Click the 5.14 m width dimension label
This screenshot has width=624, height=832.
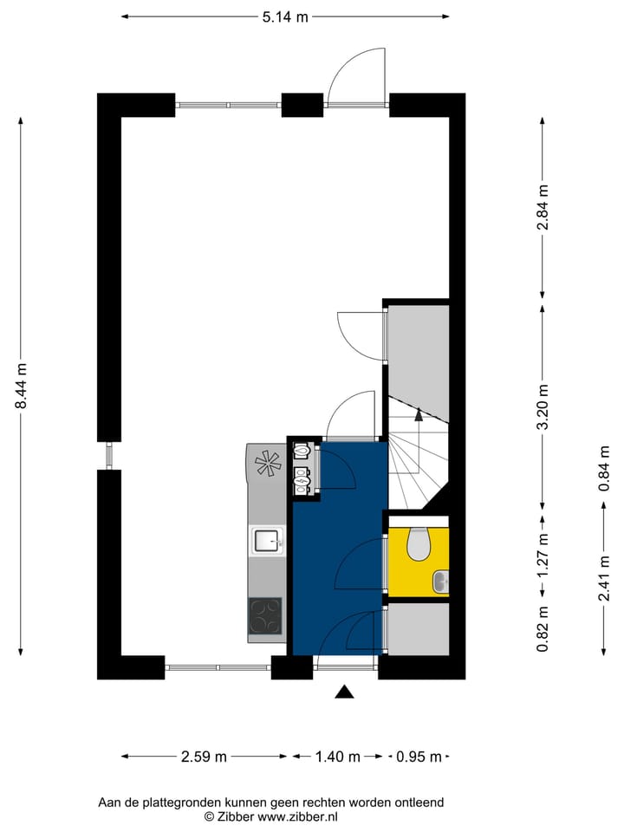(x=285, y=16)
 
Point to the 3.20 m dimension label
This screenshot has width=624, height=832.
(x=543, y=407)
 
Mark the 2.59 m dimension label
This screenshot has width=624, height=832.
(x=204, y=757)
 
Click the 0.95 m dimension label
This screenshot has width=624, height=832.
(x=419, y=757)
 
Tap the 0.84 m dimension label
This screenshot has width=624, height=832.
(x=604, y=468)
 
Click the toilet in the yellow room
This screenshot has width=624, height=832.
(x=419, y=544)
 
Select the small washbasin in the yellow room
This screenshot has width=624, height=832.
(x=441, y=581)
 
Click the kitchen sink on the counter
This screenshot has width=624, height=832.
(x=266, y=542)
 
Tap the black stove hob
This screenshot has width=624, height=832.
(x=265, y=616)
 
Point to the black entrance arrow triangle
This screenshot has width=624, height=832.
(x=345, y=691)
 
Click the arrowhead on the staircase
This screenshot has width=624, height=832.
(x=419, y=414)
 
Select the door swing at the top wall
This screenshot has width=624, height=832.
(x=357, y=76)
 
